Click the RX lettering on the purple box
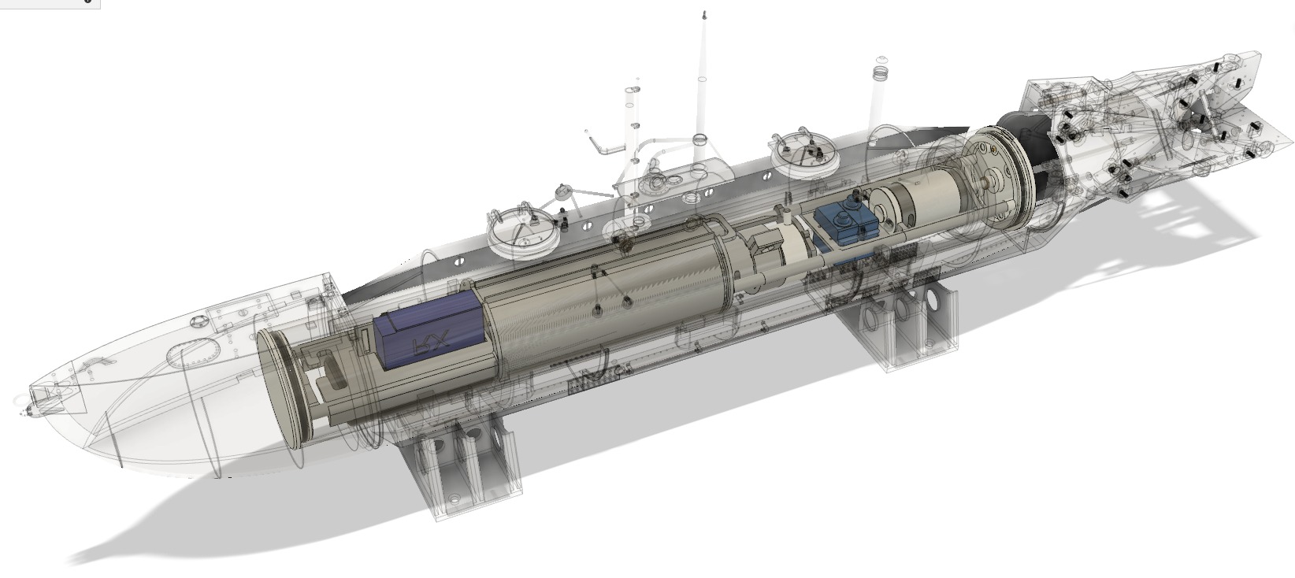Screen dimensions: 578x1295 coord(432,342)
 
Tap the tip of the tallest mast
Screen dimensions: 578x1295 coord(704,15)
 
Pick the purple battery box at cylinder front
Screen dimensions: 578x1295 coord(425,335)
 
